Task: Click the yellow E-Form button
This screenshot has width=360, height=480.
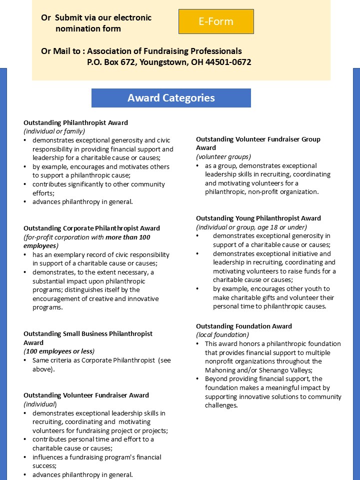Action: click(216, 21)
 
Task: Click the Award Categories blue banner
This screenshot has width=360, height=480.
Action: click(171, 98)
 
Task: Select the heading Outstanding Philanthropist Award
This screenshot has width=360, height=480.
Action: click(75, 122)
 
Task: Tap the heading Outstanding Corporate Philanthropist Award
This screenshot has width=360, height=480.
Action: click(91, 228)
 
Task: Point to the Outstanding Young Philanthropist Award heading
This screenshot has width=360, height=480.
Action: click(258, 218)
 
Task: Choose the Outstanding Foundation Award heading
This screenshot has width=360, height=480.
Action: click(244, 326)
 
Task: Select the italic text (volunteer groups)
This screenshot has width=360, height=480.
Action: click(223, 156)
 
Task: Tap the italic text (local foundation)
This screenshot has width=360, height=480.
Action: click(222, 335)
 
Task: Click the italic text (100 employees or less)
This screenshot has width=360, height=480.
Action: click(59, 351)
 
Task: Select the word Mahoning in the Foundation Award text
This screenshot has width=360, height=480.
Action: click(220, 370)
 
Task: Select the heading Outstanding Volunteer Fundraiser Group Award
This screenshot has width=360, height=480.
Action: click(258, 143)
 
